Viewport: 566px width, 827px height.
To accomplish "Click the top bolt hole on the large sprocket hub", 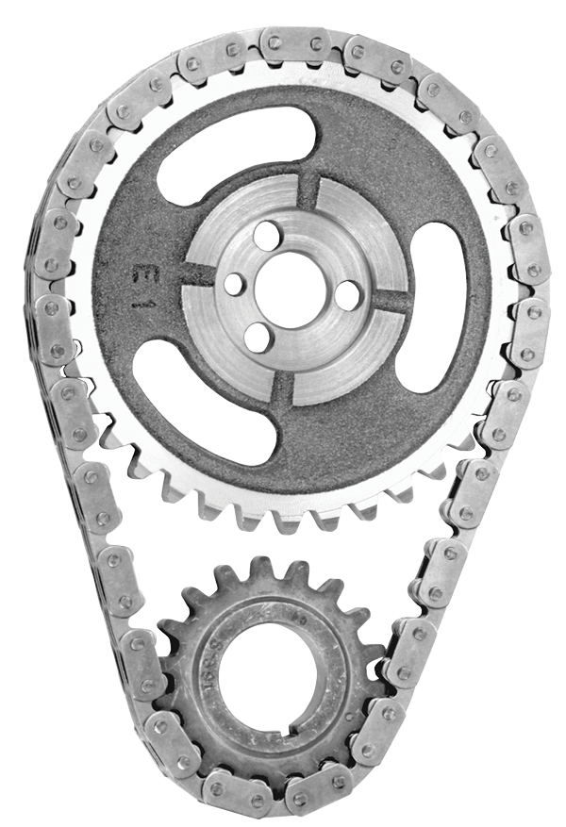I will pyautogui.click(x=268, y=233).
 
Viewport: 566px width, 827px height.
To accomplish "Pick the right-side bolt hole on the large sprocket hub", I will pyautogui.click(x=347, y=295).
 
